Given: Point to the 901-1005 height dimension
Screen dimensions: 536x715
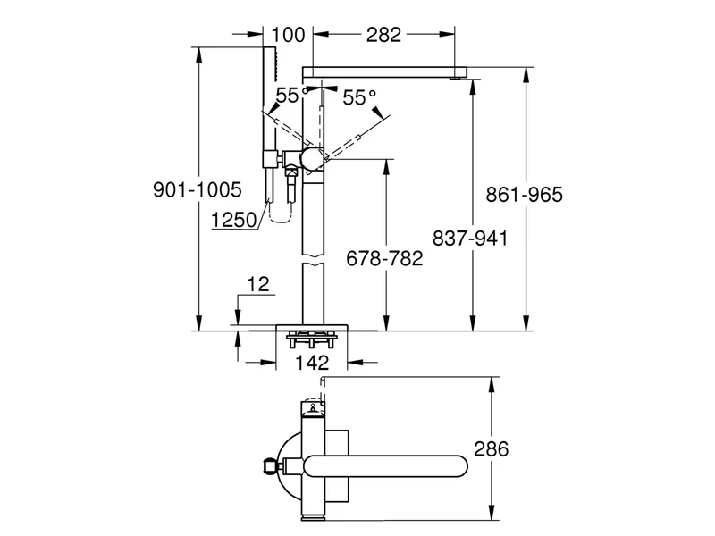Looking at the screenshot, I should coord(198,190).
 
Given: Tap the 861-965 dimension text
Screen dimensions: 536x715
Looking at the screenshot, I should coord(524,195).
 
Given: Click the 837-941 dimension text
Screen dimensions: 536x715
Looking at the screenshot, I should coord(470,239).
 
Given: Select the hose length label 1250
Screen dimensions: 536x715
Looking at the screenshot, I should coord(236,218).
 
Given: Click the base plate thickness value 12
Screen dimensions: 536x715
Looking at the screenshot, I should coord(257,285).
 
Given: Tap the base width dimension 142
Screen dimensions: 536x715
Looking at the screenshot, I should coord(313,363).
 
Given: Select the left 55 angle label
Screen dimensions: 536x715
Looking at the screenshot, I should coord(286,96).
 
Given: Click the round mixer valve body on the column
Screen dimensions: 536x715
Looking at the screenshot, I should coord(312,159).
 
